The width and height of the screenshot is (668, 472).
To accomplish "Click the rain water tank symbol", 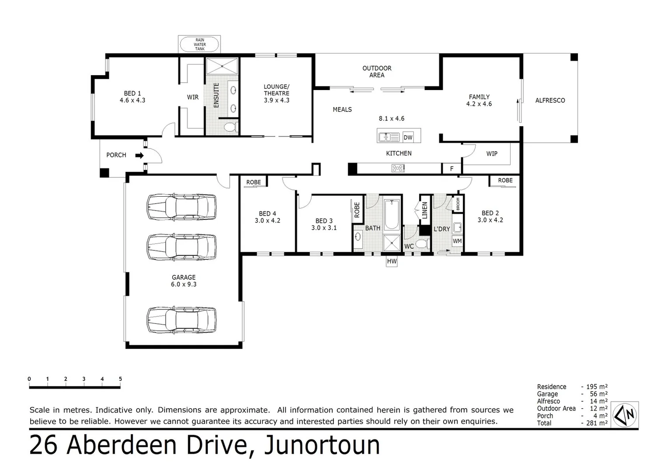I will pyautogui.click(x=199, y=44).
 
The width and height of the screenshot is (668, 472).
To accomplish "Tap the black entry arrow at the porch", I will pyautogui.click(x=140, y=155).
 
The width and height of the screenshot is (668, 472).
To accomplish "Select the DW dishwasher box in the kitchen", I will pyautogui.click(x=408, y=137).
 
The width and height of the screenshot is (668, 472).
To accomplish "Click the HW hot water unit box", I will pyautogui.click(x=392, y=261).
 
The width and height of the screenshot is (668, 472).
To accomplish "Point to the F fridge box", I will pyautogui.click(x=451, y=168).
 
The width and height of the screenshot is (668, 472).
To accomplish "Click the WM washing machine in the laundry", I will pyautogui.click(x=457, y=241).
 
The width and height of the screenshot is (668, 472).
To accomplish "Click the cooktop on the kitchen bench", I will pyautogui.click(x=398, y=168).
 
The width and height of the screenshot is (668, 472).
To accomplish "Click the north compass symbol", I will pyautogui.click(x=626, y=414).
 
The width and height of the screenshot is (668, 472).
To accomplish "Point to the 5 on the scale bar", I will pyautogui.click(x=120, y=379).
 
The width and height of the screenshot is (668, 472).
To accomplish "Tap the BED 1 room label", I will pyautogui.click(x=133, y=97).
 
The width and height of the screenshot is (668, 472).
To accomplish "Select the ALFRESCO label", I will pyautogui.click(x=550, y=101).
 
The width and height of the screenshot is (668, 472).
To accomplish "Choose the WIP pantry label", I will pyautogui.click(x=492, y=154).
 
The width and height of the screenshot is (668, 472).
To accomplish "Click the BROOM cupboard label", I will pyautogui.click(x=458, y=204).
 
